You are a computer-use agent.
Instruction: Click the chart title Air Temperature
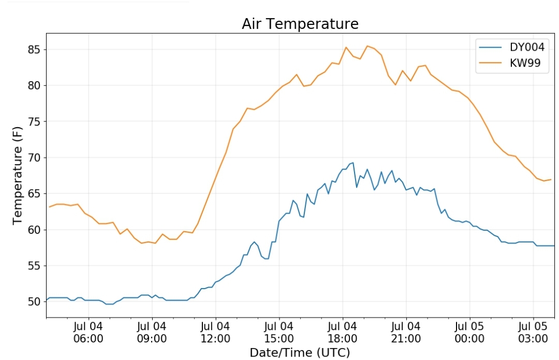[x=300, y=24]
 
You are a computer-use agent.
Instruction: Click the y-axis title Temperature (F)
[x=18, y=175]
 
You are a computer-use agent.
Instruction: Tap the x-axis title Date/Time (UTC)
[x=300, y=353]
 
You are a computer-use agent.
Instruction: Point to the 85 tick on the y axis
[x=34, y=50]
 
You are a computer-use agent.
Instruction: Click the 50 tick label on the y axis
[x=34, y=302]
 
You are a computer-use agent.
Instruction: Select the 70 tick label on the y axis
[x=34, y=158]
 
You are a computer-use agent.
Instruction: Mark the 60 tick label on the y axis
[x=34, y=230]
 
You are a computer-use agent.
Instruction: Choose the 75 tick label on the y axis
[x=34, y=122]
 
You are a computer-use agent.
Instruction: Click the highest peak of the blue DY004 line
[x=353, y=163]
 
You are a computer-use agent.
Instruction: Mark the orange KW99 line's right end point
[x=551, y=179]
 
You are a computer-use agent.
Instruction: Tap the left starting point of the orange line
[x=49, y=207]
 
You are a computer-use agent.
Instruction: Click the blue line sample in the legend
[x=491, y=48]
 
